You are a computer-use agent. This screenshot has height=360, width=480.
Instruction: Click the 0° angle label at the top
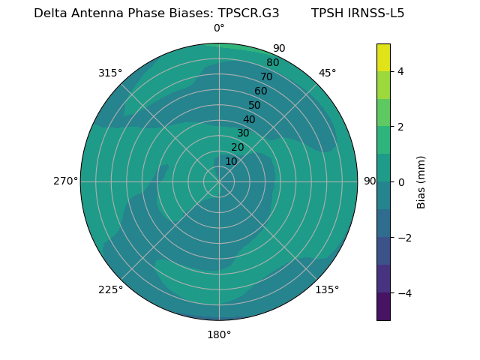pos(219,28)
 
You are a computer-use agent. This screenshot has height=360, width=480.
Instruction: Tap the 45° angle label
pos(327,73)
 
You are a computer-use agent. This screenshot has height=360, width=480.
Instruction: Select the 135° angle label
pos(327,289)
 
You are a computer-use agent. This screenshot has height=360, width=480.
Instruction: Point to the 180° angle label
pos(219,334)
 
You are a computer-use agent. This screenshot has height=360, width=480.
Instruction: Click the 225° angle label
pos(110,289)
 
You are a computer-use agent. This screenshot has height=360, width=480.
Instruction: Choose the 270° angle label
pos(65,181)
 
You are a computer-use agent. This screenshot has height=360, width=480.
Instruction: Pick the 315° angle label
pos(110,73)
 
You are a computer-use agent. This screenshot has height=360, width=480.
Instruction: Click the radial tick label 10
pos(231,161)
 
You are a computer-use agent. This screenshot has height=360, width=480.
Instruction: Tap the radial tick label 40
pos(249,119)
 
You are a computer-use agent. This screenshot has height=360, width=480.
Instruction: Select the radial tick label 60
pos(261,91)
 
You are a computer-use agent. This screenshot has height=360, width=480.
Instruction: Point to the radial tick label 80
pos(273,63)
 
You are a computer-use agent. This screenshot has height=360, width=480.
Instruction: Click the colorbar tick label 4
pos(400,71)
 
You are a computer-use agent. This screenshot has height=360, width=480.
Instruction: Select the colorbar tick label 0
pos(400,181)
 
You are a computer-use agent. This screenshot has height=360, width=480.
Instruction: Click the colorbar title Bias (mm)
pos(421,181)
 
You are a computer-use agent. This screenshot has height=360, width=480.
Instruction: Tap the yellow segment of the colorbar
pos(383,57)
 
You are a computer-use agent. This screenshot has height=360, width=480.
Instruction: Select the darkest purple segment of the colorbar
pos(383,307)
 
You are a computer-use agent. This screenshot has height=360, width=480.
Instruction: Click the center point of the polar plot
pos(219,181)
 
